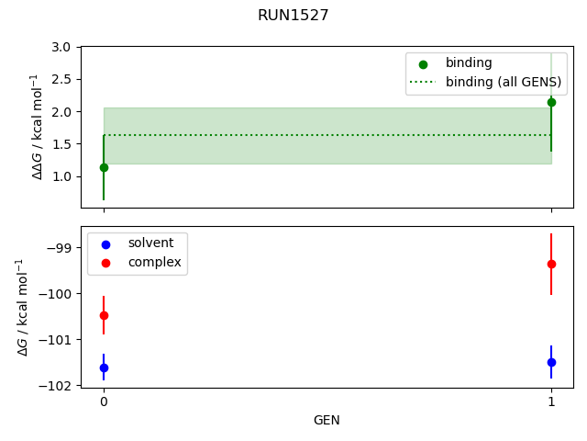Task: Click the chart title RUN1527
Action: [x=293, y=15]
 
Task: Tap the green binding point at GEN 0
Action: [x=104, y=167]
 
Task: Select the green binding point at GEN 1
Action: [x=551, y=102]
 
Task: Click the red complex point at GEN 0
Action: [x=104, y=315]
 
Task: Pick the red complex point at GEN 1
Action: [x=551, y=264]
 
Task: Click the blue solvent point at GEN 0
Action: [x=104, y=367]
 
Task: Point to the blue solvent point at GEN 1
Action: [x=551, y=362]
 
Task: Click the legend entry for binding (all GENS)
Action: [x=503, y=82]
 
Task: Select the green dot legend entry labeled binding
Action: [x=469, y=63]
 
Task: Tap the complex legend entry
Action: [x=154, y=263]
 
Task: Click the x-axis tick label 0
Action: [x=104, y=401]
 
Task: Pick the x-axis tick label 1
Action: [x=551, y=401]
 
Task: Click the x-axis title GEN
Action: [x=327, y=420]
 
